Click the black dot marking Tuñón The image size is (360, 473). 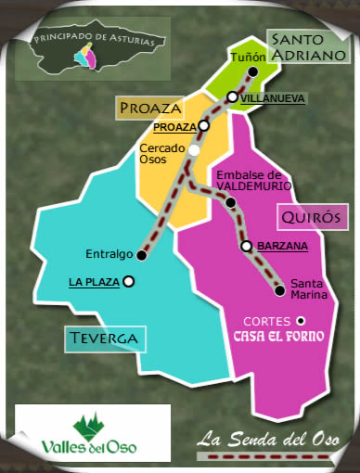click(253, 71)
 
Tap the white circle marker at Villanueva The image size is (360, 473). click(232, 96)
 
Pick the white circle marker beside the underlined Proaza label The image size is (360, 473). click(203, 126)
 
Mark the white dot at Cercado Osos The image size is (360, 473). click(194, 149)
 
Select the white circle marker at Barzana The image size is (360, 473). click(246, 247)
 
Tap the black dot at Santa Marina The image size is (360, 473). click(279, 290)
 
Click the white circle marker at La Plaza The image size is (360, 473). click(129, 281)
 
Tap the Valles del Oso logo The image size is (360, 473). click(93, 433)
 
